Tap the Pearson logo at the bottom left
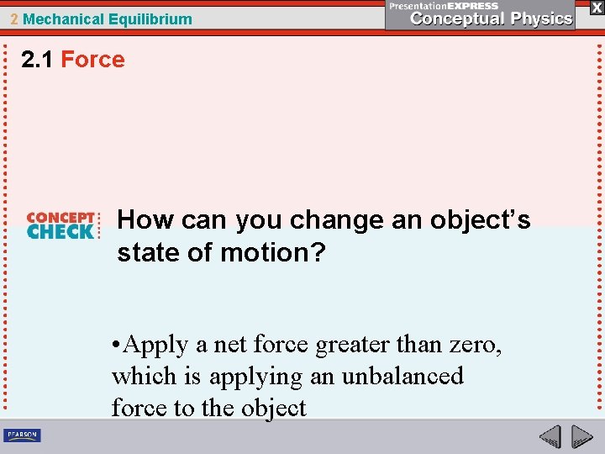coord(23,435)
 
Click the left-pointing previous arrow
coord(550,436)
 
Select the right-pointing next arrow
coord(581,436)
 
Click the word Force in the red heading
coord(92,60)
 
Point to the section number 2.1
coord(38,60)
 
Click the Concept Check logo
coord(61,225)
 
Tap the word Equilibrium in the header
coord(149,18)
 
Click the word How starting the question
coord(146,220)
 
